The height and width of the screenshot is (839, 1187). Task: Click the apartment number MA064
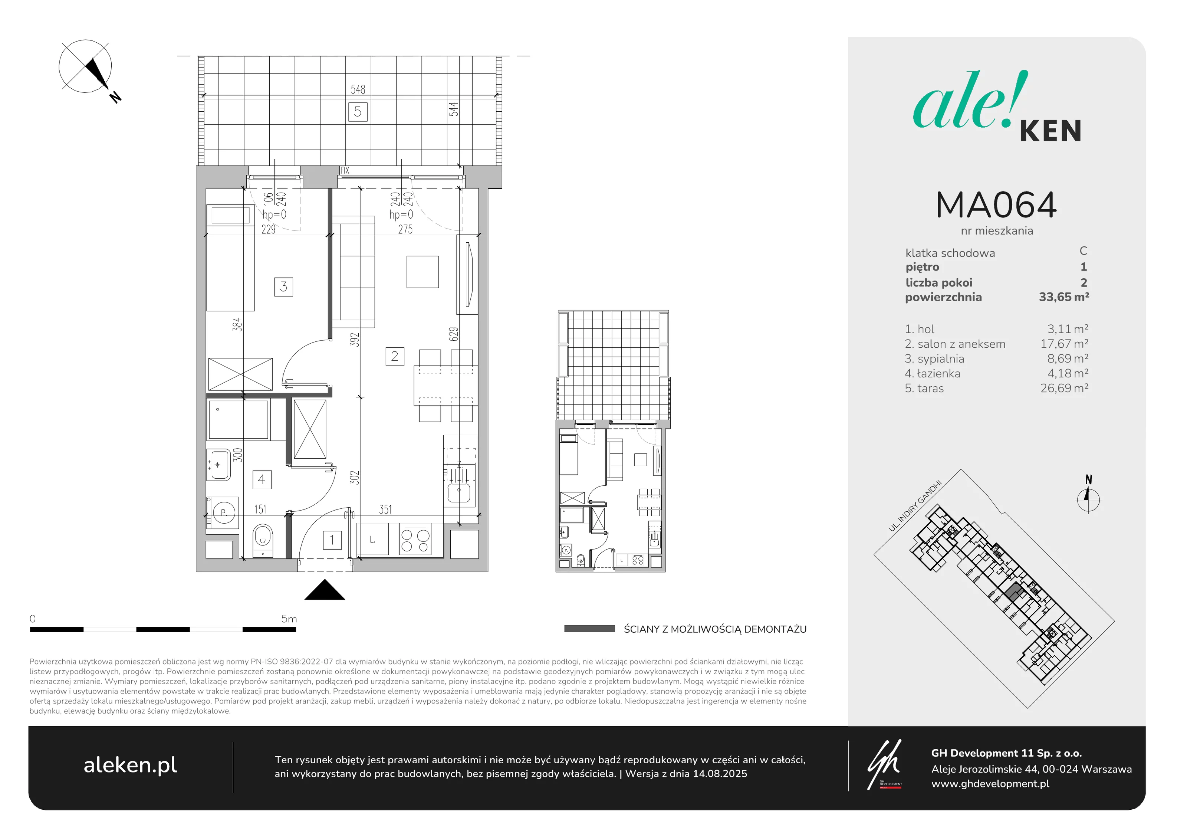996,205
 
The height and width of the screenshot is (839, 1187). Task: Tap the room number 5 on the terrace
358,112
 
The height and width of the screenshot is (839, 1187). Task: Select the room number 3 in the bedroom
283,286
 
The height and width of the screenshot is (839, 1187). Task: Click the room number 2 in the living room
394,356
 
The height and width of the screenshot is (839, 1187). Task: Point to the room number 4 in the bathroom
262,479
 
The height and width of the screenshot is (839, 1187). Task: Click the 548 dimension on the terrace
358,89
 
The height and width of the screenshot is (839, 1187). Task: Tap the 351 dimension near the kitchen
385,509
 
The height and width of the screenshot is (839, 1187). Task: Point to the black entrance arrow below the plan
325,590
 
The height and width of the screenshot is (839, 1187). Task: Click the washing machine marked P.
223,512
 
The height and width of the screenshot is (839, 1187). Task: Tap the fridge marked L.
372,540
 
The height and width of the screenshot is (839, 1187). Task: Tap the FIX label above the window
345,170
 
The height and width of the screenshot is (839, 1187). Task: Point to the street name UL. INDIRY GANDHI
915,506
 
